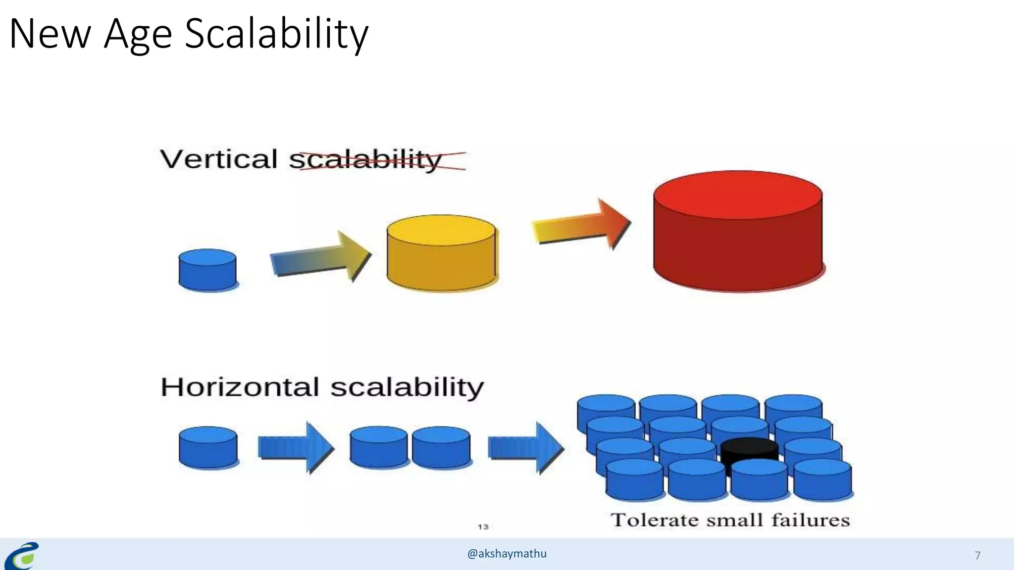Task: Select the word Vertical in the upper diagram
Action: click(x=218, y=159)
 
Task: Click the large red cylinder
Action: click(x=738, y=233)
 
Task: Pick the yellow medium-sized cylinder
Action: click(x=441, y=253)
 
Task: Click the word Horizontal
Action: click(x=240, y=387)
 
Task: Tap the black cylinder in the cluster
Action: click(x=749, y=448)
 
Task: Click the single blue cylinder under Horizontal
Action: click(x=208, y=448)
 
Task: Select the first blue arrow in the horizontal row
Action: click(x=296, y=448)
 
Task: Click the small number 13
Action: click(x=483, y=527)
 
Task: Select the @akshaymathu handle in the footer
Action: click(x=507, y=554)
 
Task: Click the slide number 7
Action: click(x=977, y=556)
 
